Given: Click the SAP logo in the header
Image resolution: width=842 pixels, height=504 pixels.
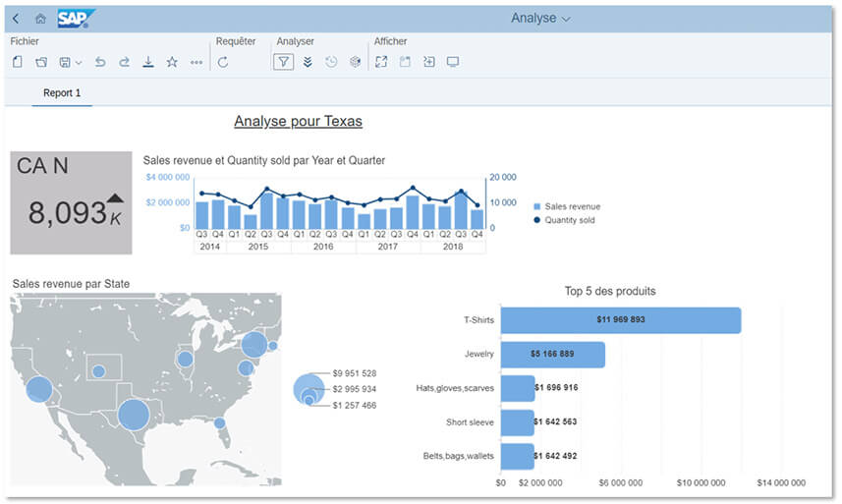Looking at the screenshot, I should [x=75, y=19].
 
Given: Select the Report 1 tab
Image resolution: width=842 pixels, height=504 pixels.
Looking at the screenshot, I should [x=62, y=93].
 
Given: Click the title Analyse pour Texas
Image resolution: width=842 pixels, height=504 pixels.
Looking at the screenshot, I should [x=298, y=122].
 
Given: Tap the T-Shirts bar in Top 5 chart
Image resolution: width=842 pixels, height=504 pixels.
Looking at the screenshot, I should [x=620, y=320].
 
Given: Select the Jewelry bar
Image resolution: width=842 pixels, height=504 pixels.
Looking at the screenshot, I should [x=552, y=354].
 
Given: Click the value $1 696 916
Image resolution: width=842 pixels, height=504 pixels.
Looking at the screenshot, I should [x=556, y=388].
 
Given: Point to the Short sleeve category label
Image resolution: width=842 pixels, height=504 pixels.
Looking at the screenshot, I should [x=470, y=422].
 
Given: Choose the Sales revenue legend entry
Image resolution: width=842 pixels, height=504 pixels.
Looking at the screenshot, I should [x=572, y=206].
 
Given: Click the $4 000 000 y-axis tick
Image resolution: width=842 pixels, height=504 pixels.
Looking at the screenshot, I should [x=167, y=177].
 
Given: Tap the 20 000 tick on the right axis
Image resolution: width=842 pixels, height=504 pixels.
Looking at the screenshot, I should [x=502, y=177].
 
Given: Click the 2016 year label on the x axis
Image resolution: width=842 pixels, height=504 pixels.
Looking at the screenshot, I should [x=323, y=247].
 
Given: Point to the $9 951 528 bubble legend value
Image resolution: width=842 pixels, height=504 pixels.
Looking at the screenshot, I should [x=355, y=373].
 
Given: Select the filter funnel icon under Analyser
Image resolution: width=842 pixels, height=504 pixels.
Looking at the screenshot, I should [x=283, y=62].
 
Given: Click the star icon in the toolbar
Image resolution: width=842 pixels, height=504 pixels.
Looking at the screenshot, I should [x=172, y=62].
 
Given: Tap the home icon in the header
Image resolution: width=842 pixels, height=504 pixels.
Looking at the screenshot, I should [x=40, y=19].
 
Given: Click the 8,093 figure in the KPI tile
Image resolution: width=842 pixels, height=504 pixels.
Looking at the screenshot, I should [x=67, y=212].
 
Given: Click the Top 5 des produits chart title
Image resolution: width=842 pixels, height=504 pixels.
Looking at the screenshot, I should [x=610, y=291].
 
